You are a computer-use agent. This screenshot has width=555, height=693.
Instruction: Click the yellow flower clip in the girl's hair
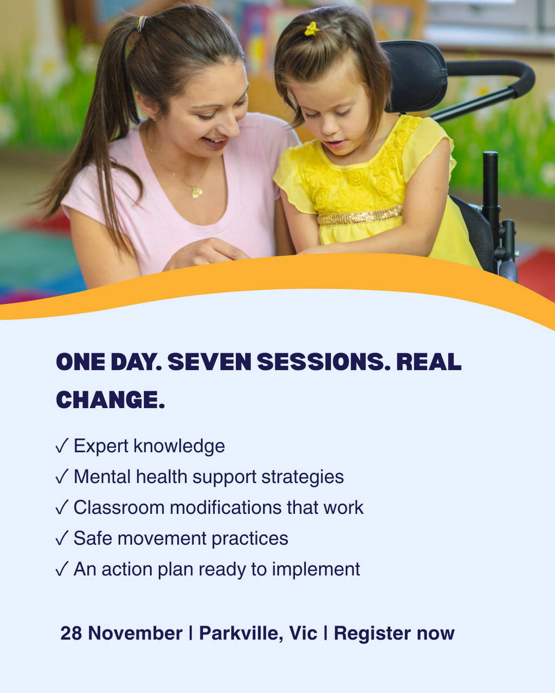point(312,29)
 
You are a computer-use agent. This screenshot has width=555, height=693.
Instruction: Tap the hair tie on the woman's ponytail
point(141,24)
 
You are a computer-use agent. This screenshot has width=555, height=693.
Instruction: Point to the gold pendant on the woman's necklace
point(197,192)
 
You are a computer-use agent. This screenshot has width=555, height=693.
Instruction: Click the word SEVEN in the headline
point(209,362)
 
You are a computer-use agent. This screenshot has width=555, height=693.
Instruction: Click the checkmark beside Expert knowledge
point(62,446)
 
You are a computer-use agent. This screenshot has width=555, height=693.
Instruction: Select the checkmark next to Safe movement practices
point(62,538)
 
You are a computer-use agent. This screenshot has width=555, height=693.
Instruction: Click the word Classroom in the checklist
point(119,507)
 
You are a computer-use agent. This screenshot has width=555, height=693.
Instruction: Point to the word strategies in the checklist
point(302,477)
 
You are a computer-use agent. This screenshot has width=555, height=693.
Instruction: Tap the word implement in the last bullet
point(316,570)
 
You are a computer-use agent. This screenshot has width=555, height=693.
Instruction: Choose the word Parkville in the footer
point(238,634)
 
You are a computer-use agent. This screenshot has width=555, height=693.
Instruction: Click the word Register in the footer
point(372,634)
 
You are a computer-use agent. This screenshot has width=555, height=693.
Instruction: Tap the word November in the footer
point(135,633)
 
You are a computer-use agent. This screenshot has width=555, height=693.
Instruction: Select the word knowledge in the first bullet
point(179,446)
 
